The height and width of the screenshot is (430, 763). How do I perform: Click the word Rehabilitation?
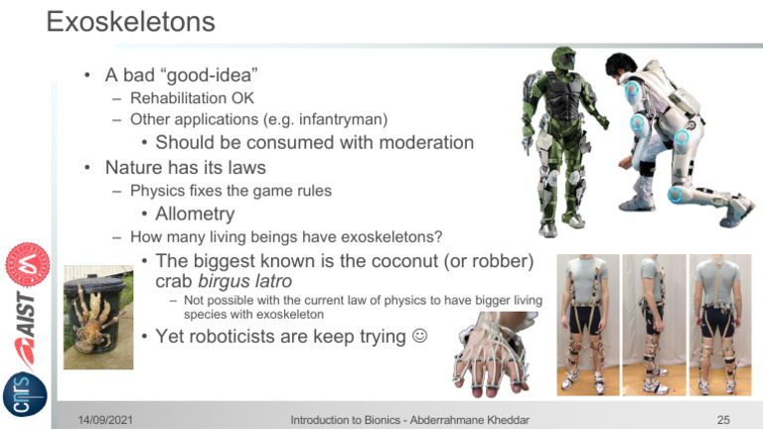[178, 98]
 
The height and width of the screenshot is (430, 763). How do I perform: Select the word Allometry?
[195, 214]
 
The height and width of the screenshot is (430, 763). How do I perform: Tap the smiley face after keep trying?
[420, 338]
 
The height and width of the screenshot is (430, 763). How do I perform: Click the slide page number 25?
[722, 420]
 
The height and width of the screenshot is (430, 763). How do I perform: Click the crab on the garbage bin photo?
[95, 308]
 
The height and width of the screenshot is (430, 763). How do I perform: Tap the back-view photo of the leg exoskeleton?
[719, 324]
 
